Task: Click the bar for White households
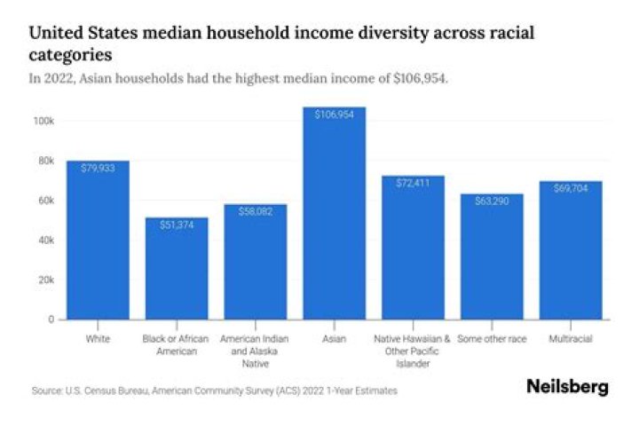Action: click(98, 240)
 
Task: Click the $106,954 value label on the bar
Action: click(334, 114)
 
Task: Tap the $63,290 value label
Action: click(492, 201)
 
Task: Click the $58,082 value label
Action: click(256, 211)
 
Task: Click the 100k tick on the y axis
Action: click(45, 121)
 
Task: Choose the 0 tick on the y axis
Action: click(52, 319)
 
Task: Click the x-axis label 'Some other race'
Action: click(492, 339)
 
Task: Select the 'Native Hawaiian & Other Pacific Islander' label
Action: click(413, 350)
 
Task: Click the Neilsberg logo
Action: click(567, 388)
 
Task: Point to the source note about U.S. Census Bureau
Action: click(213, 390)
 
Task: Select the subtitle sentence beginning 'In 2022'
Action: click(239, 79)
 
